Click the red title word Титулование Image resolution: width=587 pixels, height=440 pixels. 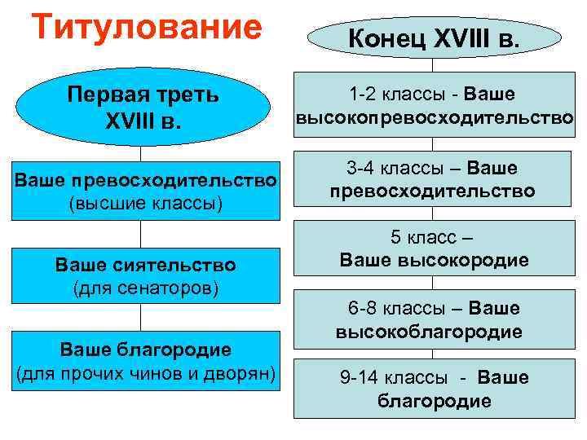[146, 27]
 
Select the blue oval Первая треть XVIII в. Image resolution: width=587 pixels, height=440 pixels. [143, 107]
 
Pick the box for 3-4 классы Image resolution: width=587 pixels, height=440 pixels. [433, 180]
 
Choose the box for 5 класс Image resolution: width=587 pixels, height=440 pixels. [433, 250]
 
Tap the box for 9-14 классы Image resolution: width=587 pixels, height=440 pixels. [433, 389]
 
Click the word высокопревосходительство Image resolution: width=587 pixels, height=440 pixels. [435, 118]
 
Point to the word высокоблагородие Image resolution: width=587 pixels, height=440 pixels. [429, 332]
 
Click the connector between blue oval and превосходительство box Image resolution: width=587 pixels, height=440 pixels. [141, 153]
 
